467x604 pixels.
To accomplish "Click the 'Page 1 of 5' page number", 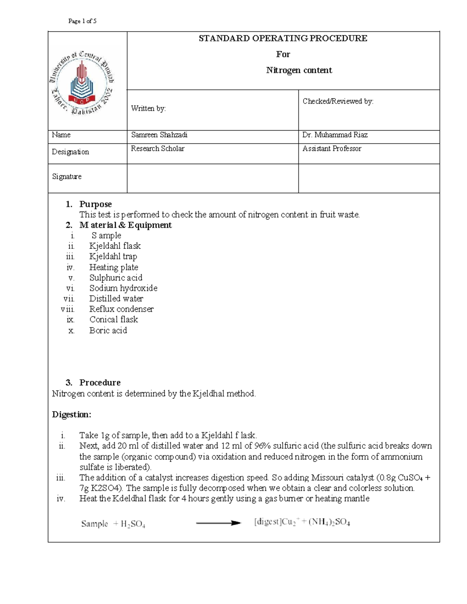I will [82, 21].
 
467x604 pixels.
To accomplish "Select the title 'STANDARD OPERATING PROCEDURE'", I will [283, 38].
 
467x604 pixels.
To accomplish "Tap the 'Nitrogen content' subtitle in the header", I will [299, 70].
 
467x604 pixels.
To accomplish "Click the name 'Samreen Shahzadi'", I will [159, 135].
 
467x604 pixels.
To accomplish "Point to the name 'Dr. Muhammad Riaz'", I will [335, 135].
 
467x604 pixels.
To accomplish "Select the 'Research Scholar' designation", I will [158, 149].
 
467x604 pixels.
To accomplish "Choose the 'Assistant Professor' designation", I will [332, 149].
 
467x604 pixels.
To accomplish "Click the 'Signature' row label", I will [67, 177].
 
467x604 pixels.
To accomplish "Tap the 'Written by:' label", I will [148, 109].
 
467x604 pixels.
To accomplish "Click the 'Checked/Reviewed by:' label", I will [338, 101].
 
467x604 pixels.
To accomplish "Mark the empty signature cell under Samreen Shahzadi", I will [212, 179].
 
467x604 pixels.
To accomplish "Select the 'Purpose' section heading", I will [95, 204].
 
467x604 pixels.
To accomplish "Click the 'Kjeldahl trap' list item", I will [113, 256].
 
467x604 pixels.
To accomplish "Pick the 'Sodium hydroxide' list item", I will [123, 288].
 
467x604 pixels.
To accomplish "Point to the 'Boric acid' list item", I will [108, 330].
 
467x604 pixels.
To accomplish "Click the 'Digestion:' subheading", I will [72, 415].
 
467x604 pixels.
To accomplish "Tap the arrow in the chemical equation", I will [218, 523].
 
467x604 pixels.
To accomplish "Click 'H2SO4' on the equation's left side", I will [133, 524].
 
